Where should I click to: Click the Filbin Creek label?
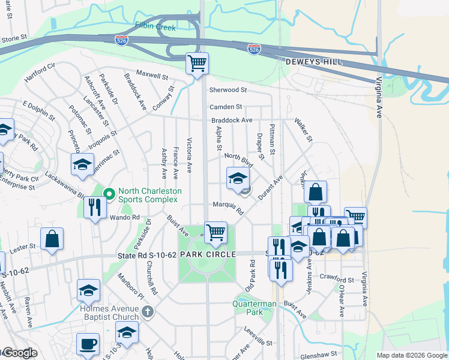click(x=155, y=27)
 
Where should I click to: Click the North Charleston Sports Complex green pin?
click(x=109, y=193)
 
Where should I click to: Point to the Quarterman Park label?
click(x=255, y=308)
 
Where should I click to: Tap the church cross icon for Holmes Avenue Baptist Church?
click(x=148, y=312)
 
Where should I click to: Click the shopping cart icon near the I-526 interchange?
click(x=197, y=63)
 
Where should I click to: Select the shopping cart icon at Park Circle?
click(x=215, y=232)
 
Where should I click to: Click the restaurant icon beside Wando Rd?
click(x=95, y=207)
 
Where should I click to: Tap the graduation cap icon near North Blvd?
click(x=238, y=178)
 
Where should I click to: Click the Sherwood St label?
click(x=228, y=90)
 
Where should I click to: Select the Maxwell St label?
click(x=152, y=76)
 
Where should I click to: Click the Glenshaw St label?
click(x=320, y=354)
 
